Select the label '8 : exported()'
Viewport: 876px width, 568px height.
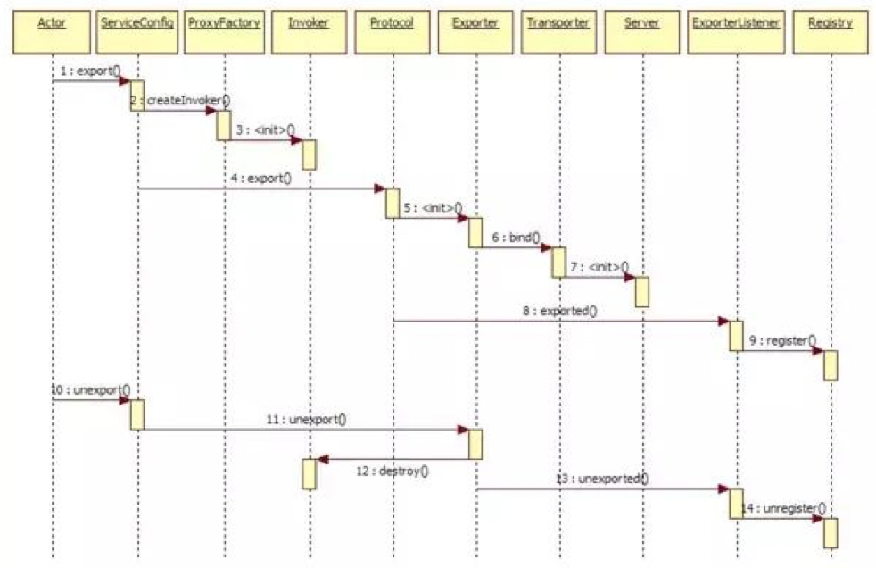tap(560, 312)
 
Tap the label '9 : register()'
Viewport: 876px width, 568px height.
tap(782, 340)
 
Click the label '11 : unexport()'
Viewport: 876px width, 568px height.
tap(306, 418)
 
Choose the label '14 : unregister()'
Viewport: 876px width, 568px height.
tap(785, 507)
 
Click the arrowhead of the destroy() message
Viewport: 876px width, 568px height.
tap(322, 460)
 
